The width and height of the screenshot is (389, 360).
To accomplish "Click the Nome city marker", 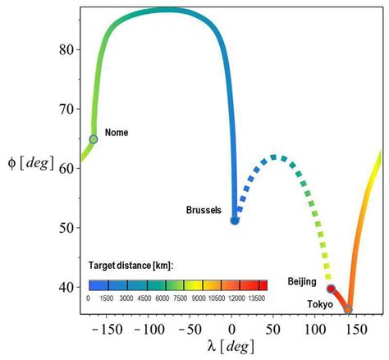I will (94, 139).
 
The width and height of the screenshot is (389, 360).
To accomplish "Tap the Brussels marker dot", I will (235, 220).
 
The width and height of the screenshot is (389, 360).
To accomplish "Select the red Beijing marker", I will (331, 289).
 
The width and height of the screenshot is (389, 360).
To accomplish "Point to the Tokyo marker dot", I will (348, 309).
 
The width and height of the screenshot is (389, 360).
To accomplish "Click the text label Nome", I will (117, 132).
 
